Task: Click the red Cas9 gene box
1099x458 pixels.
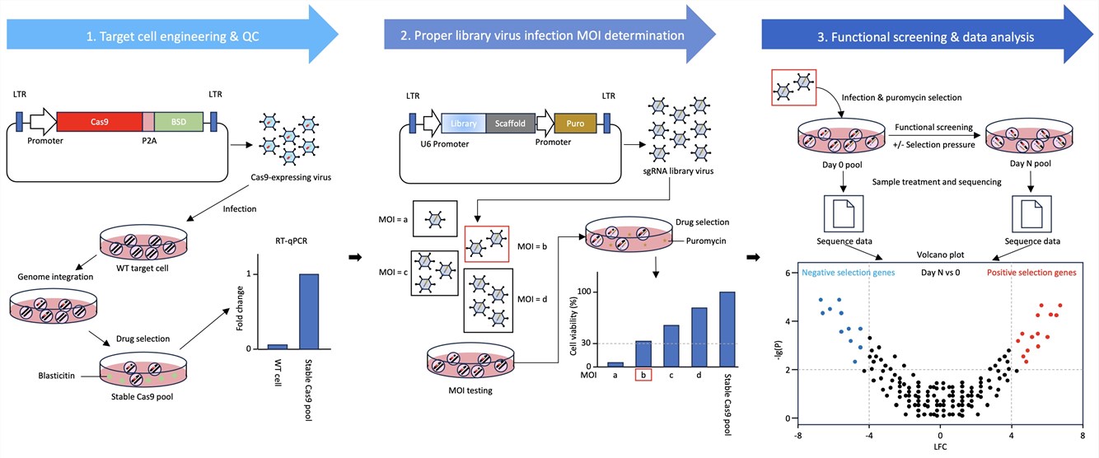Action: (99, 122)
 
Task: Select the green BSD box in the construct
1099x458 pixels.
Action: (178, 122)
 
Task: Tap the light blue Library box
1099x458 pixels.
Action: (465, 124)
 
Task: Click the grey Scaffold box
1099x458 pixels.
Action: (512, 124)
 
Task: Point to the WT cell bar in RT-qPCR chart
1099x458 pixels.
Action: (278, 346)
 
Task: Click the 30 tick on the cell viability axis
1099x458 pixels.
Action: (587, 343)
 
